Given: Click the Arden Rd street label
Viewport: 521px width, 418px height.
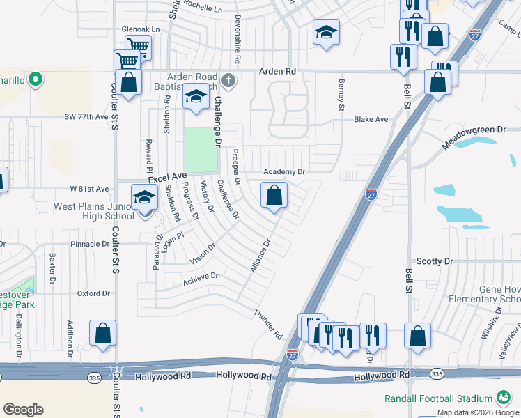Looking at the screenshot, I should [277, 71].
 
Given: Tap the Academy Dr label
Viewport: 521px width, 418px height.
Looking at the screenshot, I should [284, 171].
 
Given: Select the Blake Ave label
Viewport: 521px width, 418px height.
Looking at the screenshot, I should [371, 120].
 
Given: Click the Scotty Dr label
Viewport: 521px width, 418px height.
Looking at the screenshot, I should [435, 261].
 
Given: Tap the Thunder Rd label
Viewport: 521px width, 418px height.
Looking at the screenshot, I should [268, 325].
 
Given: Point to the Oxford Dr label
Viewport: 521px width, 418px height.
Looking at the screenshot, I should [94, 294].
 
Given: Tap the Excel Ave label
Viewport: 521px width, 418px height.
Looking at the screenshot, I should [167, 178].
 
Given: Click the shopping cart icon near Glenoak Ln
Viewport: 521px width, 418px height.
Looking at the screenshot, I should [139, 47].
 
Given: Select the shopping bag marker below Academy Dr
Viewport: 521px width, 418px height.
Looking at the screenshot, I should [274, 195].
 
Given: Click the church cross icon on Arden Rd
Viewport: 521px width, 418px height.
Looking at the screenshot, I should [228, 82].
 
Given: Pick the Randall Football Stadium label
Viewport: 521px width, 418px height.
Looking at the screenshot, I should [439, 398].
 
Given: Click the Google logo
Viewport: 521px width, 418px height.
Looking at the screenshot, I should [23, 410].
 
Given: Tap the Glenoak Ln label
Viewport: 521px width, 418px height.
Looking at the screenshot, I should [141, 29].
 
